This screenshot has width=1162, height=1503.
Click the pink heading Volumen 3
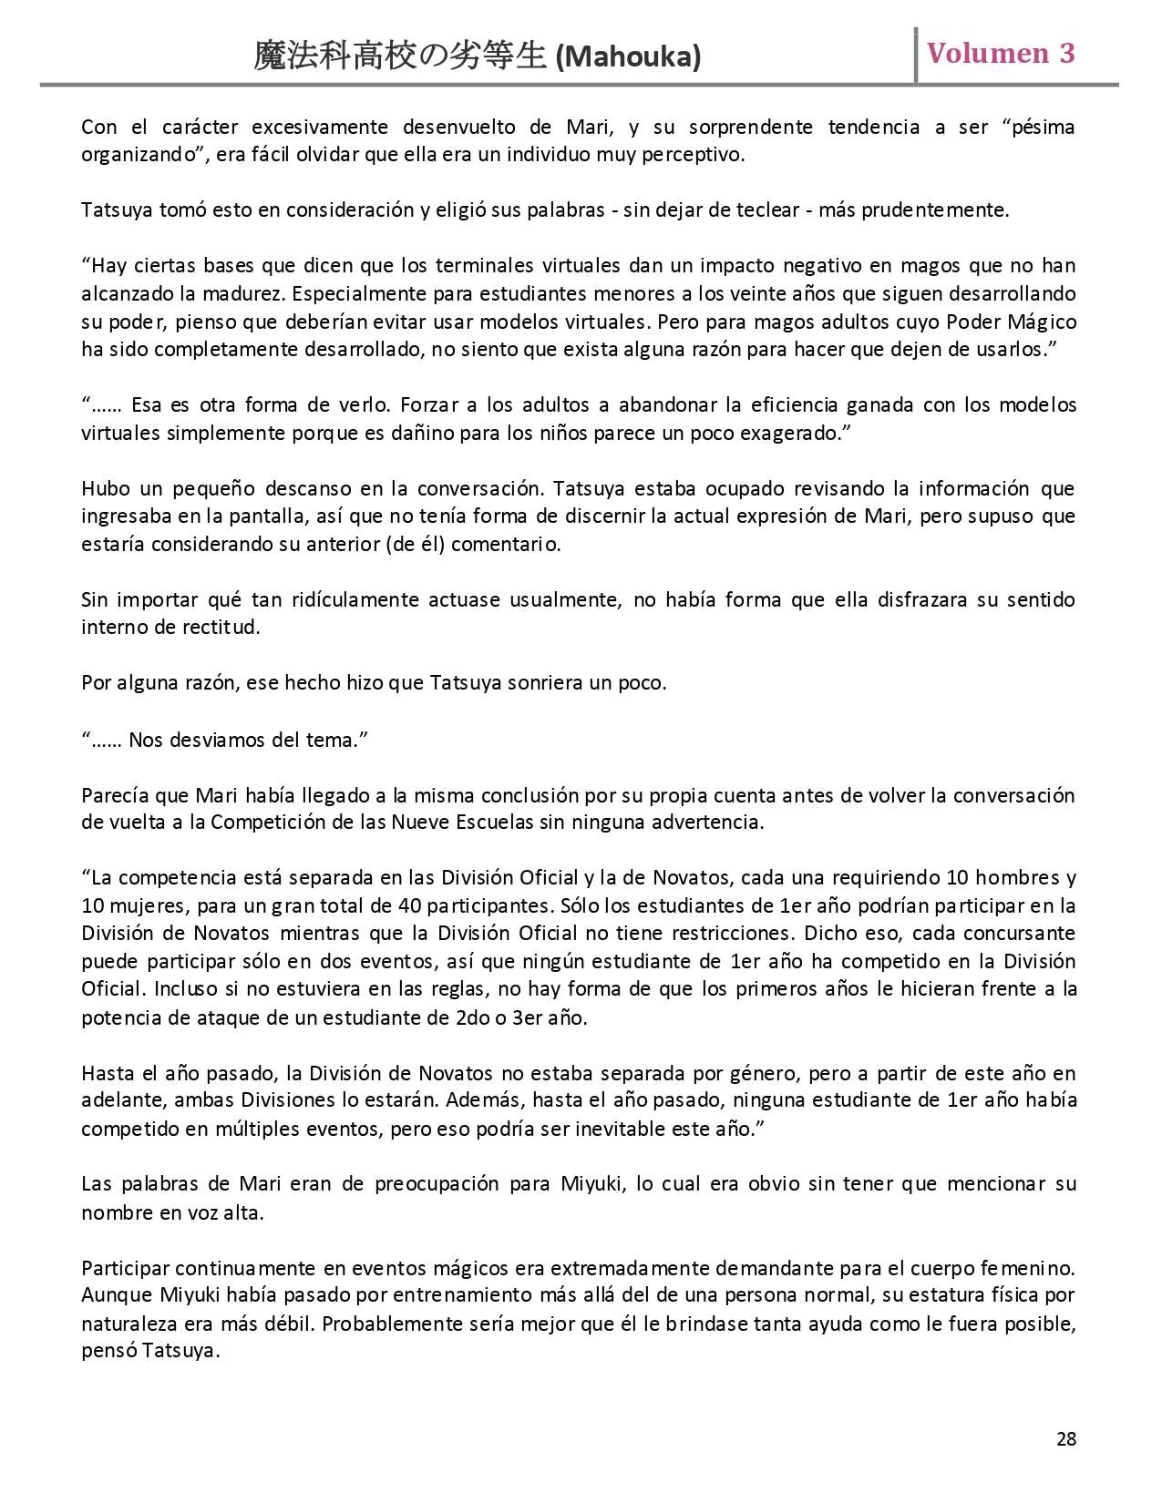[1001, 53]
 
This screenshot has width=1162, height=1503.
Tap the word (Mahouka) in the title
[628, 57]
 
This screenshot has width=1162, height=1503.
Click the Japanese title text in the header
[401, 57]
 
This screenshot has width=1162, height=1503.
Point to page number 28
[1065, 1438]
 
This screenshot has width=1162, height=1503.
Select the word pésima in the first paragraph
[1041, 127]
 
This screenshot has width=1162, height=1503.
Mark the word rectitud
[221, 628]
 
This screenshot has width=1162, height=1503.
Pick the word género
[770, 1072]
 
